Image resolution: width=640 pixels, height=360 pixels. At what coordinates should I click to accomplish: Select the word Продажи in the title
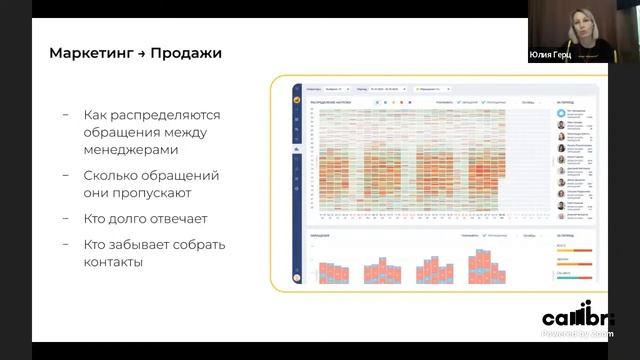pyautogui.click(x=186, y=53)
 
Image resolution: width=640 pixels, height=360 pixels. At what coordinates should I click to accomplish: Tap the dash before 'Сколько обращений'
pyautogui.click(x=66, y=175)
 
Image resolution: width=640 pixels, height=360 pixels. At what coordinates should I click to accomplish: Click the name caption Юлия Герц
pyautogui.click(x=546, y=57)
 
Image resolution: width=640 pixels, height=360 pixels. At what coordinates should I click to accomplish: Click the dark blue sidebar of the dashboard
pyautogui.click(x=297, y=190)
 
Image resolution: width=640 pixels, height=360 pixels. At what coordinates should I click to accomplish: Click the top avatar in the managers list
pyautogui.click(x=560, y=113)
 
